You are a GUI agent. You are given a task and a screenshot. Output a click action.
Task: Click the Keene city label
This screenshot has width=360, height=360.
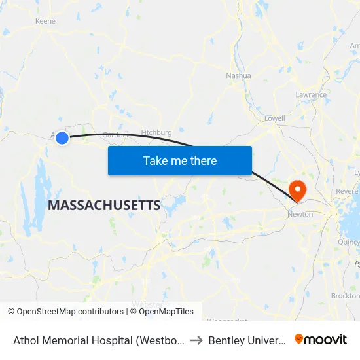[x=45, y=21]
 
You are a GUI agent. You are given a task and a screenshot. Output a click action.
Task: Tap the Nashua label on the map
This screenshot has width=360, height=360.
[x=238, y=75]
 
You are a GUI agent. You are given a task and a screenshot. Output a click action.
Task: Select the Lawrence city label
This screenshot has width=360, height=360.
[x=310, y=95]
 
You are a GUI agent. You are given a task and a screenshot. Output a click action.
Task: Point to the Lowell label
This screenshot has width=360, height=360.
[x=274, y=118]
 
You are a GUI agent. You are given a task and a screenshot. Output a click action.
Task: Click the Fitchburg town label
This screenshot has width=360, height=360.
[x=156, y=132]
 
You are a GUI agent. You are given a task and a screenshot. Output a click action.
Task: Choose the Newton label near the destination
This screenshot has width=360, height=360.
[x=300, y=214]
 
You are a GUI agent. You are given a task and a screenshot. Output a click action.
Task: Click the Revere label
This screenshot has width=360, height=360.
[x=346, y=190]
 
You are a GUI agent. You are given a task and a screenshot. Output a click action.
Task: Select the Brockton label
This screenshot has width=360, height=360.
[x=345, y=296]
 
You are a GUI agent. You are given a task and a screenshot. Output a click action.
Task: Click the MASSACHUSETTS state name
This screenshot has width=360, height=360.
[x=104, y=206]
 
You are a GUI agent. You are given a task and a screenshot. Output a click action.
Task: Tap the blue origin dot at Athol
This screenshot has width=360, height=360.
[x=62, y=137]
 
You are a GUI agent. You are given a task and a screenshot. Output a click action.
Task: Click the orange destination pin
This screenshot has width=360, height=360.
[x=297, y=190]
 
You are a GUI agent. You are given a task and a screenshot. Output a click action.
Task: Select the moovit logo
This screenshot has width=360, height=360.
[x=321, y=340]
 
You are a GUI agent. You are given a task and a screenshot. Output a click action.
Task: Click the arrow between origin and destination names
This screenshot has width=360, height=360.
[x=196, y=340]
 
